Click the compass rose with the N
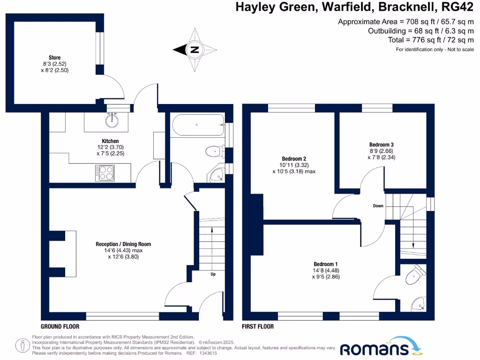(x=195, y=49)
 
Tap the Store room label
(x=55, y=58)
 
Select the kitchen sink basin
(x=112, y=121)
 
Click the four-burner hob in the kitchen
(x=105, y=173)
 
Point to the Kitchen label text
(x=110, y=141)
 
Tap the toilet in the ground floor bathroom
(x=213, y=151)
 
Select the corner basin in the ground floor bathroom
(x=217, y=175)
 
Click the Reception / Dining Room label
(x=123, y=244)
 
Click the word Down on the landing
(x=379, y=206)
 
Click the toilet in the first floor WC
(x=414, y=276)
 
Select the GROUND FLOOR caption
(x=60, y=326)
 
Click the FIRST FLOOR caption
(x=258, y=326)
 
